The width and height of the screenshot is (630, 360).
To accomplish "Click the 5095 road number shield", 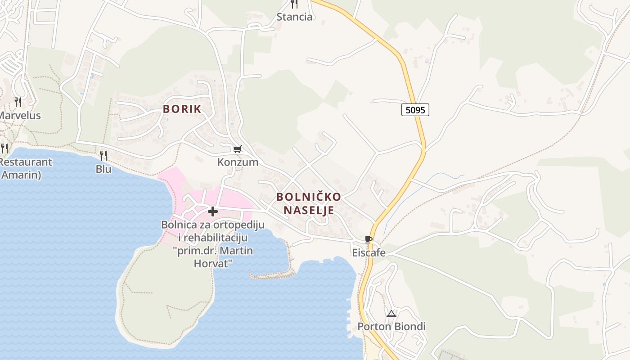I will (x=415, y=109).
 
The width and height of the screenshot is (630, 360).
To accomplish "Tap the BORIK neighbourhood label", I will (x=182, y=109).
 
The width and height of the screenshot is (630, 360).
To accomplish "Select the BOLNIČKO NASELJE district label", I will (x=309, y=203).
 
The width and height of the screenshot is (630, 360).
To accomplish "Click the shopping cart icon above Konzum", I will (x=237, y=149).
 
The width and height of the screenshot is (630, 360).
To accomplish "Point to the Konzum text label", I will (x=238, y=162).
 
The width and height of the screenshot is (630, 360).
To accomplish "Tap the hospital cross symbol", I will (x=212, y=211).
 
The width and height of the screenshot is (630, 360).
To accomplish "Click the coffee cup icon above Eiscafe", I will (x=369, y=239).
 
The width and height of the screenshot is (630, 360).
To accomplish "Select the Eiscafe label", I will (x=369, y=252).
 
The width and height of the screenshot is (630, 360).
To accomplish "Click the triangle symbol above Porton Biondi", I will (x=391, y=314).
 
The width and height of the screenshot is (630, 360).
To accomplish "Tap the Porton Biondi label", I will (x=391, y=327).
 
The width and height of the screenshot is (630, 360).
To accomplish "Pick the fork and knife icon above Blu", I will (x=103, y=156).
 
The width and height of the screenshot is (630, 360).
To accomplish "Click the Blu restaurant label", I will (x=103, y=169).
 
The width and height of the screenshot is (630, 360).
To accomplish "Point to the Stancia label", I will (x=294, y=17).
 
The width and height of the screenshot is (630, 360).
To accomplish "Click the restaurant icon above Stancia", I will (x=294, y=4).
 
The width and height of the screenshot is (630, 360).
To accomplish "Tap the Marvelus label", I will (x=19, y=116).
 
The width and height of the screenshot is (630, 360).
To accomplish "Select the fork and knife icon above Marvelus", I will (x=18, y=102).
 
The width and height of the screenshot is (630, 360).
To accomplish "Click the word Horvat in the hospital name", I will (x=212, y=263).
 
